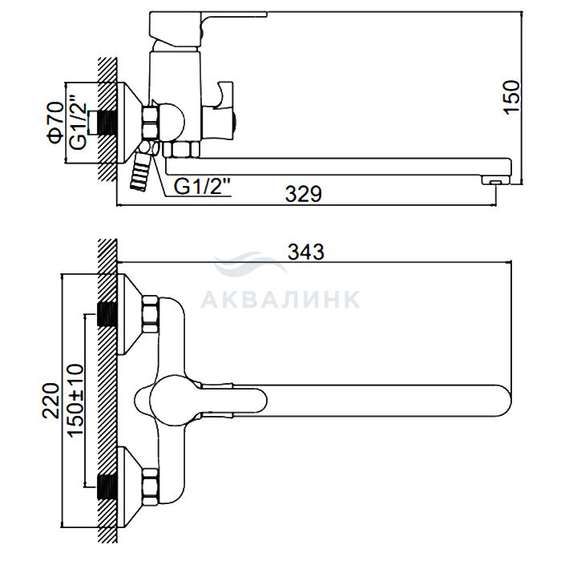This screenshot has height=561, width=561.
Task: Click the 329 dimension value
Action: tap(304, 194)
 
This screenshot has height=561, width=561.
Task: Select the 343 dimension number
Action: tap(306, 252)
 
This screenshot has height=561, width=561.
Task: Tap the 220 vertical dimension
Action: tap(50, 401)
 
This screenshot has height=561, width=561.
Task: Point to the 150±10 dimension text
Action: tap(75, 400)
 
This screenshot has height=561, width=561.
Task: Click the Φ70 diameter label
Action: tap(55, 123)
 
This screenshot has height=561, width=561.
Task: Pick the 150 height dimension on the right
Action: tap(511, 97)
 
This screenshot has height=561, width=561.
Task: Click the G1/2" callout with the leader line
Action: tap(202, 187)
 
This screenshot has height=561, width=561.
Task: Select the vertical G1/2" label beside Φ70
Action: tap(78, 122)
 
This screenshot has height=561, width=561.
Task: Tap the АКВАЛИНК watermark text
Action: tap(280, 300)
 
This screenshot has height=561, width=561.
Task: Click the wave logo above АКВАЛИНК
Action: tap(250, 264)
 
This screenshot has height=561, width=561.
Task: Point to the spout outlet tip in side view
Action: tap(495, 180)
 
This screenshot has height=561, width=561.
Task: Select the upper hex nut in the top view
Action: tap(151, 314)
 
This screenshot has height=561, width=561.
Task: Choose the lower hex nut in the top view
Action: tap(151, 487)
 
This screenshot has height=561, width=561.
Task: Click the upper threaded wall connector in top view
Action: tap(107, 314)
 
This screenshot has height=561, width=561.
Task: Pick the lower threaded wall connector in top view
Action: tap(107, 487)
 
